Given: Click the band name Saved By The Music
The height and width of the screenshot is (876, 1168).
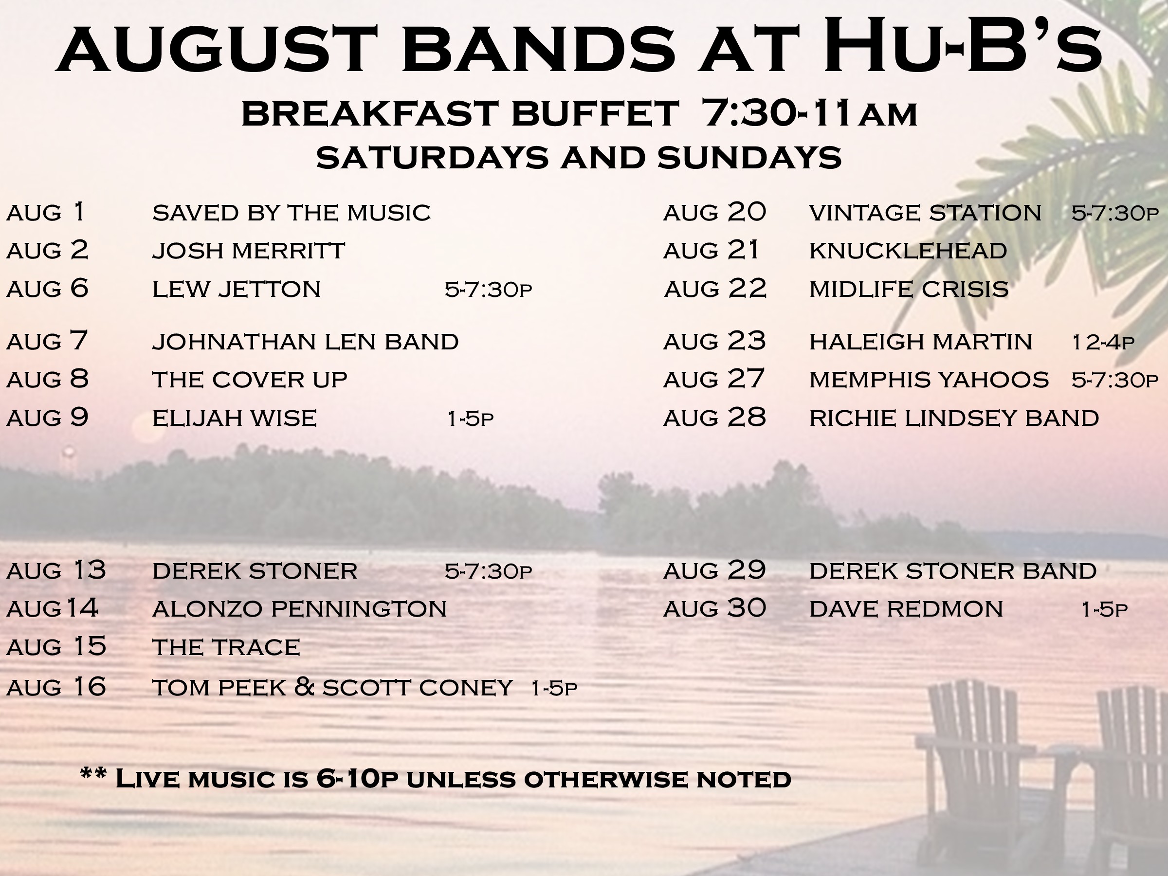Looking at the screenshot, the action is click(292, 213).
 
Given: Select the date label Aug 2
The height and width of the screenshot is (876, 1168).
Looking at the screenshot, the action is click(48, 250).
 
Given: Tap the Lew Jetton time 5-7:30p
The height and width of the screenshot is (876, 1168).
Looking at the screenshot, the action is click(489, 290).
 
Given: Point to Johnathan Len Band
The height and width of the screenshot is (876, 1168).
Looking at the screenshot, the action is click(305, 342).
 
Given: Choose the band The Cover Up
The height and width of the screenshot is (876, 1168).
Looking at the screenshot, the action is click(250, 380).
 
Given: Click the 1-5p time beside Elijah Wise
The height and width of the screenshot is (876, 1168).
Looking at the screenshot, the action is click(471, 419).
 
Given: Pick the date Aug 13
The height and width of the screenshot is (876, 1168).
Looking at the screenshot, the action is click(56, 570).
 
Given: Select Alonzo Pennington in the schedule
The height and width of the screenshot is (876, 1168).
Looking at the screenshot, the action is click(299, 609).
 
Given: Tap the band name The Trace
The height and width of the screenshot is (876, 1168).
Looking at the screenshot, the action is click(226, 647).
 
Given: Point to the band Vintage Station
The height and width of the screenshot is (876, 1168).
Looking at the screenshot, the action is click(925, 213).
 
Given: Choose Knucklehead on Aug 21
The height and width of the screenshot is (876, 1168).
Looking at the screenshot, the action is click(908, 251).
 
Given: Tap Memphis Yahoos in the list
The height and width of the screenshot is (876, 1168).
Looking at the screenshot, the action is click(929, 380).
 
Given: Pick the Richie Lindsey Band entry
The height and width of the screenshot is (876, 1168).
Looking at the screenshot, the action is click(954, 418).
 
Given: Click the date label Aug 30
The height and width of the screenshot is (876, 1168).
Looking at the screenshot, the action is click(714, 608).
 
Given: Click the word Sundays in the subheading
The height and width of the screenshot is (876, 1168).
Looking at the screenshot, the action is click(750, 157).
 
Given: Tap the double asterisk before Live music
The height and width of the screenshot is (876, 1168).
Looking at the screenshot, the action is click(93, 774).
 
